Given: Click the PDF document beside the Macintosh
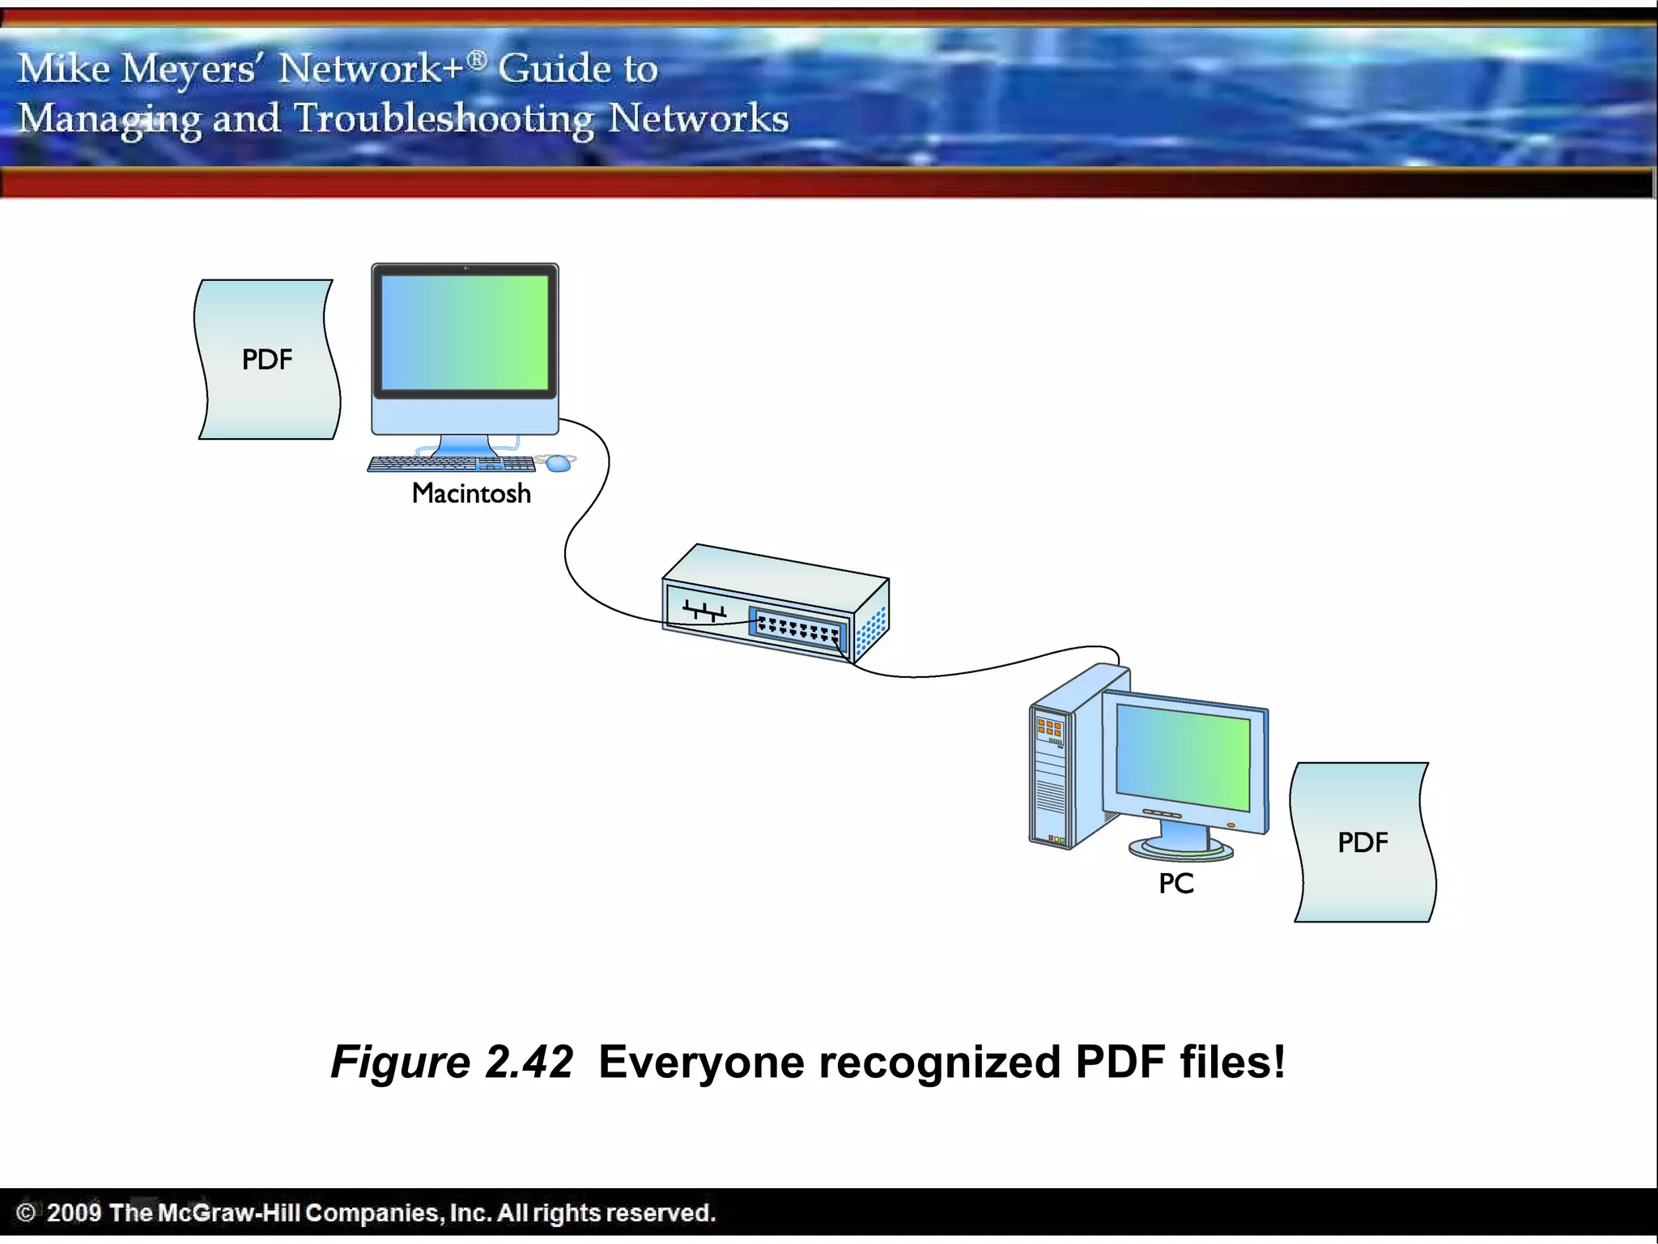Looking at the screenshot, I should click(267, 360).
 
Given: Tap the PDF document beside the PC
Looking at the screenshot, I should click(1363, 842).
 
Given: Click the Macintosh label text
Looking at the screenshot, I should click(471, 493).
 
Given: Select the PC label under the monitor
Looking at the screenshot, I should click(1175, 883).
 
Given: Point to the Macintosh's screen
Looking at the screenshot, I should click(465, 332).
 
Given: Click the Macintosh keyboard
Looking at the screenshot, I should click(450, 464).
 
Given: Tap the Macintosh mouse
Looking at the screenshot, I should click(558, 463).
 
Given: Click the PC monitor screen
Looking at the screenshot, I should click(1183, 757).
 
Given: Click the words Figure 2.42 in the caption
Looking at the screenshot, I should click(452, 1062).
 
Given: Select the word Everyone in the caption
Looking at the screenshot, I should click(701, 1062).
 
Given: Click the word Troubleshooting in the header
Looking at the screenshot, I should click(444, 119).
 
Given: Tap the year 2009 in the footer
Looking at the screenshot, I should click(74, 1212).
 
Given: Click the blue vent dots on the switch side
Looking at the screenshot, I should click(871, 628).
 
